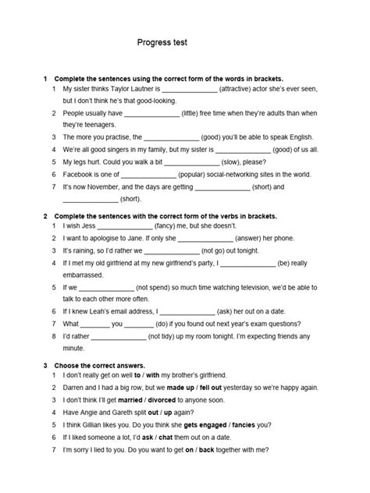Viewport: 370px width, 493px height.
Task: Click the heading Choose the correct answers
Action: [x=98, y=365]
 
